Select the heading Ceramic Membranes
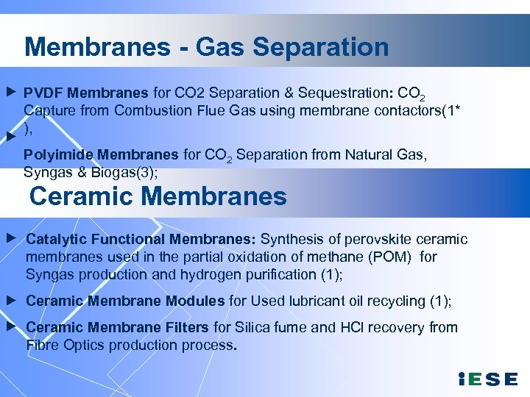click(158, 197)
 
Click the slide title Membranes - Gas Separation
click(206, 47)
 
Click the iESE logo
click(487, 379)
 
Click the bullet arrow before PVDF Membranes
click(10, 93)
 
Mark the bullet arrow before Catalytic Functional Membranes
click(10, 239)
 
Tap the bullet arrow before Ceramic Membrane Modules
click(10, 301)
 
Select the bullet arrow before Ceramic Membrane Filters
click(10, 325)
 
